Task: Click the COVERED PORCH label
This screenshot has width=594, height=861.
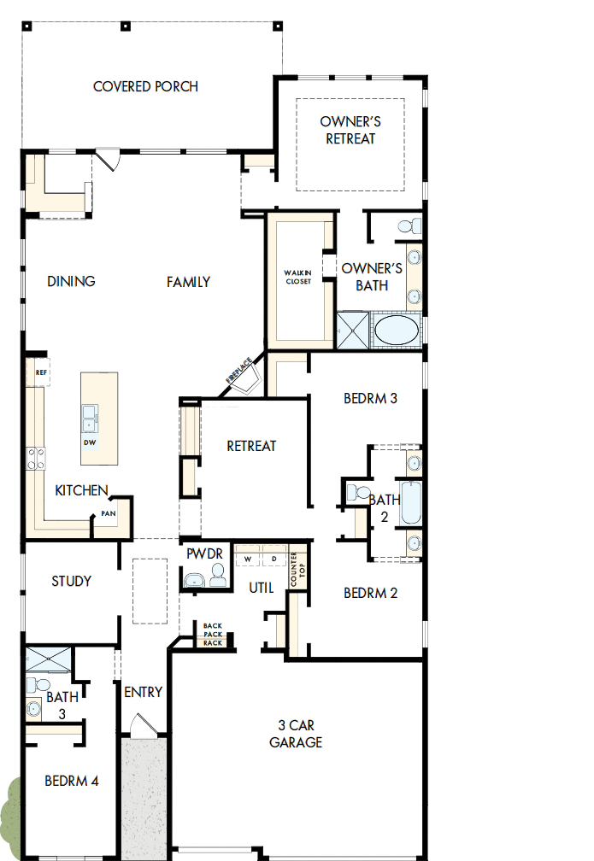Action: (x=145, y=86)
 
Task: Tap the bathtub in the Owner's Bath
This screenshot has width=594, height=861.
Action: (x=397, y=331)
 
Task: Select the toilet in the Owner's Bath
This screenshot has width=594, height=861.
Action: (x=409, y=225)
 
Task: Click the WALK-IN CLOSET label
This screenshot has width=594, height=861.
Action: (x=298, y=277)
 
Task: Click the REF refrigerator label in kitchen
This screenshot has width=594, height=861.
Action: (x=40, y=372)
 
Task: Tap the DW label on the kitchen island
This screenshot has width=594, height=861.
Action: (x=90, y=443)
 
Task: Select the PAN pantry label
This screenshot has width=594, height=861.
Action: (x=109, y=513)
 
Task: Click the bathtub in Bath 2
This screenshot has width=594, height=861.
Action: (x=411, y=504)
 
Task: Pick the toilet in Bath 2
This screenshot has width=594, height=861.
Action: (x=357, y=494)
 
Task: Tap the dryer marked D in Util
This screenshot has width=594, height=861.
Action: (x=274, y=559)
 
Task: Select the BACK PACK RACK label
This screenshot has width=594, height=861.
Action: (x=213, y=635)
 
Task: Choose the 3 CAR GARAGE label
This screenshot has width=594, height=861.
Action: (x=296, y=734)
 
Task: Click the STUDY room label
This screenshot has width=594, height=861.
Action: (x=72, y=581)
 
